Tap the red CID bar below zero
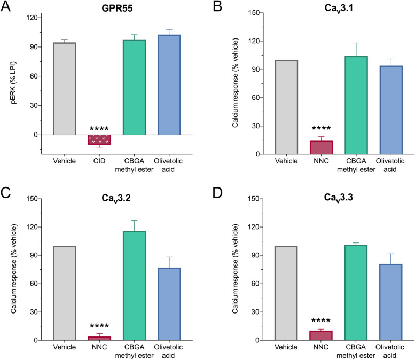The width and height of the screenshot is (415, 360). point(99,139)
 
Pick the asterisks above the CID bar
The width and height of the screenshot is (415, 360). point(99,129)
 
